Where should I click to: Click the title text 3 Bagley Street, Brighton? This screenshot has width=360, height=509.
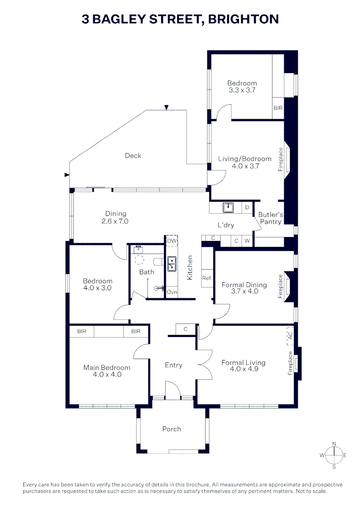[180, 19]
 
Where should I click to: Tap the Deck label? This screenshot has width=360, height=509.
[133, 156]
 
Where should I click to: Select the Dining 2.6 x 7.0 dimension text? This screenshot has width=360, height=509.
[115, 221]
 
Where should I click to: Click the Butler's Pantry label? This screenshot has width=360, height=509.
[270, 218]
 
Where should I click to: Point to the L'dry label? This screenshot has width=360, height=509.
[226, 225]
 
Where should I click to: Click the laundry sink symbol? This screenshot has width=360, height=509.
[229, 207]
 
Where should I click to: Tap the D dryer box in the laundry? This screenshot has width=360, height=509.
[247, 207]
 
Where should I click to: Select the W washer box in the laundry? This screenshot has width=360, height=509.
[247, 241]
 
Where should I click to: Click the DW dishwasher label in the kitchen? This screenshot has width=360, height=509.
[172, 241]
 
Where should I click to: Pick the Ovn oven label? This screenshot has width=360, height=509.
[172, 292]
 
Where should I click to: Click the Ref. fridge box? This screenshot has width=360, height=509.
[207, 278]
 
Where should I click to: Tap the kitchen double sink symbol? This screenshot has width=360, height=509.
[172, 263]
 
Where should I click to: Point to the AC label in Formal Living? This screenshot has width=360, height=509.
[290, 336]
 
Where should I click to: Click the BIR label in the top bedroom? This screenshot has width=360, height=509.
[278, 108]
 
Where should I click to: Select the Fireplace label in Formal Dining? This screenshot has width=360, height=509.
[280, 287]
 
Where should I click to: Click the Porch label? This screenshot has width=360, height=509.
[172, 429]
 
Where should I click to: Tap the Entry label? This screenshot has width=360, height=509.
[173, 365]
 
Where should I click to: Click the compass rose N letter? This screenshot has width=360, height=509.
[334, 443]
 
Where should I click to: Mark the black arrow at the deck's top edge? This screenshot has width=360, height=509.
[166, 107]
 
